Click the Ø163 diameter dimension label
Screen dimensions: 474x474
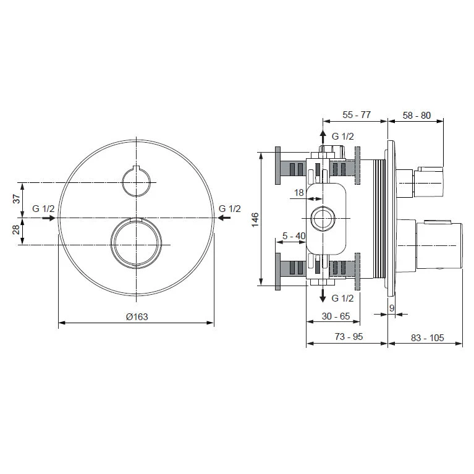(x=137, y=316)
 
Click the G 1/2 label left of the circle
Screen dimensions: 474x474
(x=44, y=209)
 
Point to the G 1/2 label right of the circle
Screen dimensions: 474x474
(x=229, y=209)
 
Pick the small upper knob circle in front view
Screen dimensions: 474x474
(x=137, y=182)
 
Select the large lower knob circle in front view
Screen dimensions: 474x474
(x=137, y=243)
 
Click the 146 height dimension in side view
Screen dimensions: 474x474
(x=255, y=219)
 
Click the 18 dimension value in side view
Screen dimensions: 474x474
(x=299, y=193)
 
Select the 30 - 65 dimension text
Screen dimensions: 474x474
(x=337, y=316)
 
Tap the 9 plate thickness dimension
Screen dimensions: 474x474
(x=392, y=307)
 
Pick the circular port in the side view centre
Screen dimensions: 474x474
(x=322, y=218)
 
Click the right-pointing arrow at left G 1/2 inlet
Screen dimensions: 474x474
(x=48, y=218)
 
